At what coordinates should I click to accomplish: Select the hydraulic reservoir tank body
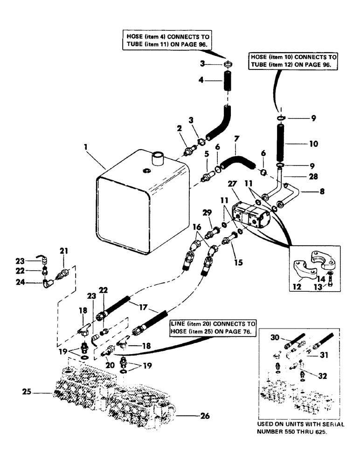coord(140,200)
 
